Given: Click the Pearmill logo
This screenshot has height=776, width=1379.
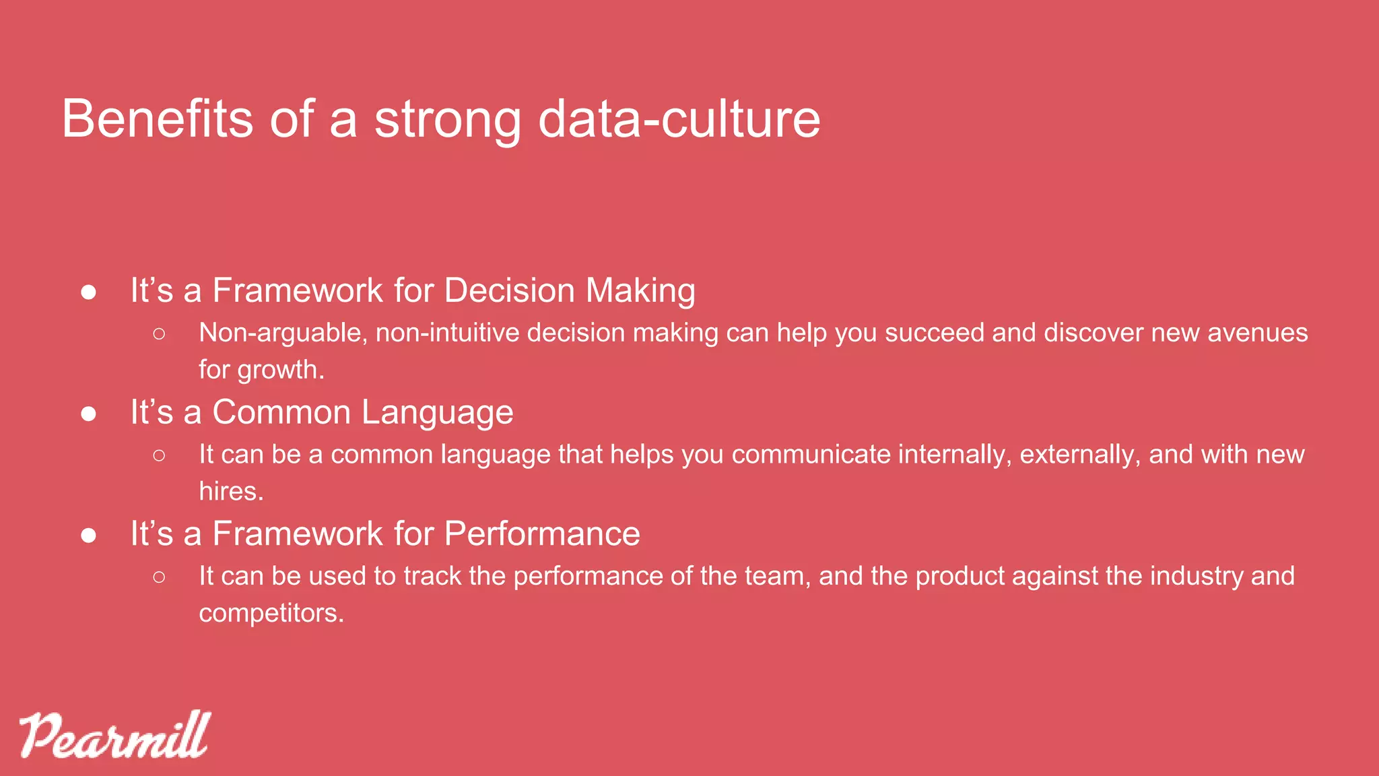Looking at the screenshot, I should tap(114, 735).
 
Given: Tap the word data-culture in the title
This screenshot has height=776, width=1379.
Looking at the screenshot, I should tap(679, 119).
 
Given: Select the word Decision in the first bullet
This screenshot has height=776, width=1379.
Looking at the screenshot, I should tap(509, 291).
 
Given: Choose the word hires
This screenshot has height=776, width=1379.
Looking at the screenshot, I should tap(230, 491).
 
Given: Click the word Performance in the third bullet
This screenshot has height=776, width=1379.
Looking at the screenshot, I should tap(542, 535).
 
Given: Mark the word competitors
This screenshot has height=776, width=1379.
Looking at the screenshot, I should tap(271, 613).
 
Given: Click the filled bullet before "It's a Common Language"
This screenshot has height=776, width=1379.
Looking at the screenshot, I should tap(88, 414).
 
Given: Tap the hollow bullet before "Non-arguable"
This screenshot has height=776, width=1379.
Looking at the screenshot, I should tap(159, 333).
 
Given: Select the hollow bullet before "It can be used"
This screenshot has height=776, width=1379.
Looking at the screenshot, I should tap(159, 577).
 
